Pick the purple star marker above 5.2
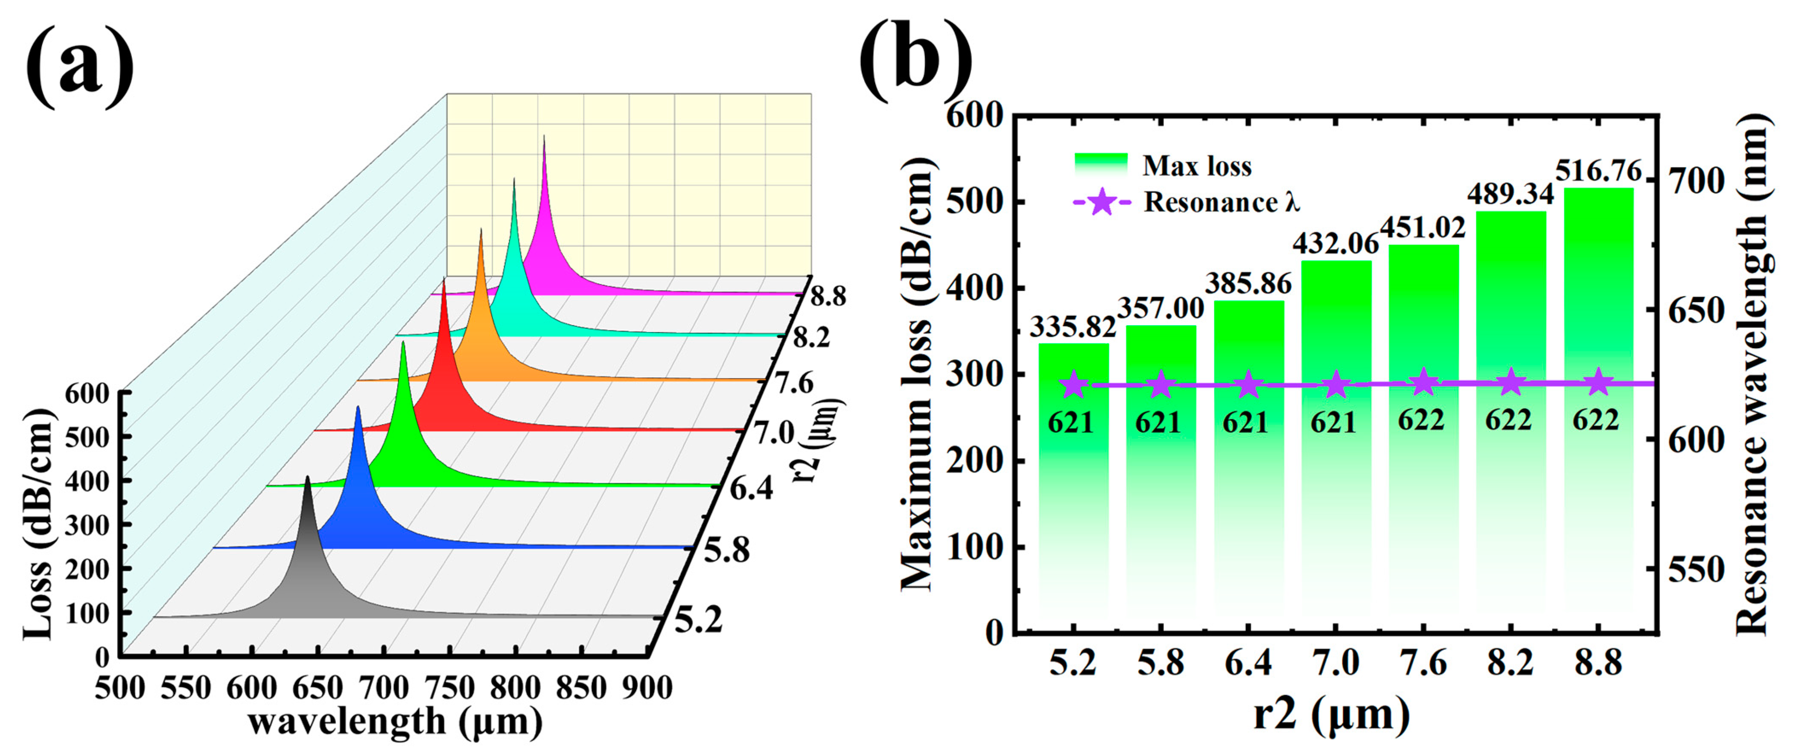tap(1074, 384)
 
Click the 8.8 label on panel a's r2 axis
tap(828, 296)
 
